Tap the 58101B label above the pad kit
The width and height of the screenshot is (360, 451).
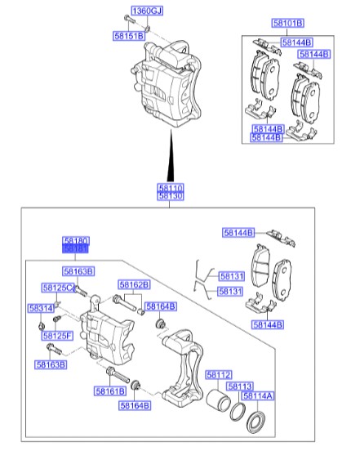click(288, 22)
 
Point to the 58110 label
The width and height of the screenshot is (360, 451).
click(171, 187)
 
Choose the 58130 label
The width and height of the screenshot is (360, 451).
click(171, 196)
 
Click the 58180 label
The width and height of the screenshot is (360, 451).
click(76, 241)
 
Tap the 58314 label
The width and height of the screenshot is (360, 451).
click(40, 308)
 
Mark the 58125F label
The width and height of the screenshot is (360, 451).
click(58, 336)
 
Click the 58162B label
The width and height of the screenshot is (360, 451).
click(134, 285)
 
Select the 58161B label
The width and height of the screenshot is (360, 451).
click(110, 392)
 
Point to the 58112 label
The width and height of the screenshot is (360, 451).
click(219, 375)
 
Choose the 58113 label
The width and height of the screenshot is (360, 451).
click(239, 386)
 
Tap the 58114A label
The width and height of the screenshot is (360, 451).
click(258, 395)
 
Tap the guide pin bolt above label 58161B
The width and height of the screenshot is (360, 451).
click(115, 377)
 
